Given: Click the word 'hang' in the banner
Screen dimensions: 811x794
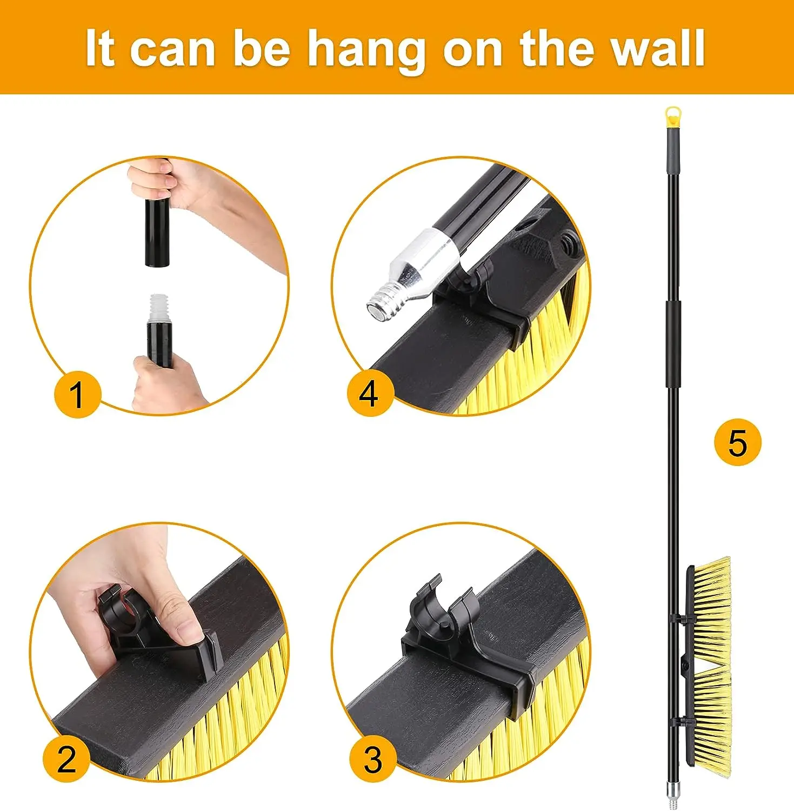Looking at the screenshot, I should point(368,50).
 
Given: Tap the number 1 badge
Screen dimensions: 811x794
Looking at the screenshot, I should point(77,394).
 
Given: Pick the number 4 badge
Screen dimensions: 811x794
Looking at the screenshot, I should point(369,393).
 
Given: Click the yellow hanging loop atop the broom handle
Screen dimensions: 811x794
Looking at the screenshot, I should point(672,115).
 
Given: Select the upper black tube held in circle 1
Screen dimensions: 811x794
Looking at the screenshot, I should point(158,232).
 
